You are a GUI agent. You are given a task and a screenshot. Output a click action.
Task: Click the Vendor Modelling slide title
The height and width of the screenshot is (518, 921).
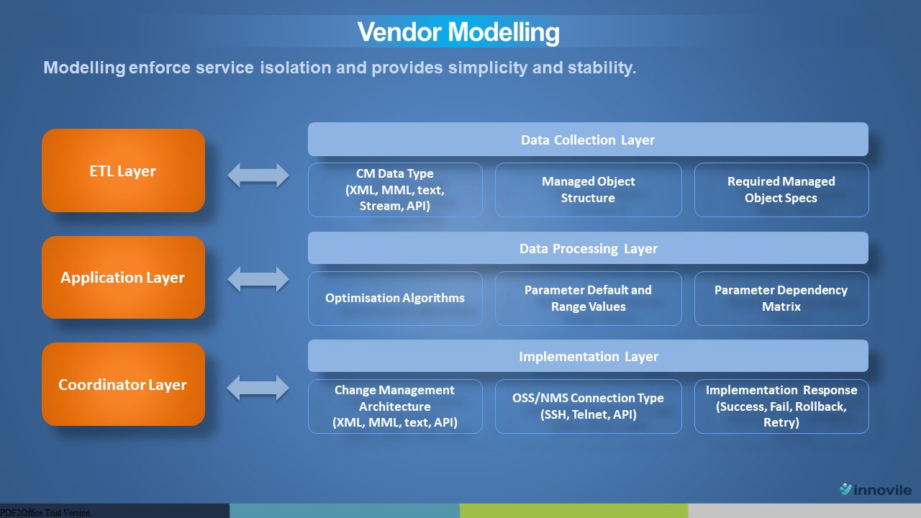pyautogui.click(x=458, y=32)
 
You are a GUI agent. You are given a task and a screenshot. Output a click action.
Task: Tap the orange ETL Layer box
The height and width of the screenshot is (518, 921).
pyautogui.click(x=123, y=171)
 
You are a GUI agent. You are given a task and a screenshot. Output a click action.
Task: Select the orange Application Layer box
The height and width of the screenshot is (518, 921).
pyautogui.click(x=123, y=277)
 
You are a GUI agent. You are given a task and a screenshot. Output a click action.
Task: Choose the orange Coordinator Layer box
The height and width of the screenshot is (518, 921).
pyautogui.click(x=123, y=384)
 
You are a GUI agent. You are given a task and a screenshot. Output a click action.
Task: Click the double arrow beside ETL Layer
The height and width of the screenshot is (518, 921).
pyautogui.click(x=258, y=175)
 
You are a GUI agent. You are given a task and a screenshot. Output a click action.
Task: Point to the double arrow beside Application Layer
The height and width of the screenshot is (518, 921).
pyautogui.click(x=258, y=280)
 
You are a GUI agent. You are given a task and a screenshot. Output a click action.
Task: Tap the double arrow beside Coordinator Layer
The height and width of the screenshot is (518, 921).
pyautogui.click(x=258, y=388)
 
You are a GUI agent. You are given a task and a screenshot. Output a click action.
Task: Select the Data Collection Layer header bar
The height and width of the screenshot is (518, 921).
pyautogui.click(x=588, y=140)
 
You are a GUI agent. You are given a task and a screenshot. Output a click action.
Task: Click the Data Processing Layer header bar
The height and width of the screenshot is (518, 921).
pyautogui.click(x=588, y=248)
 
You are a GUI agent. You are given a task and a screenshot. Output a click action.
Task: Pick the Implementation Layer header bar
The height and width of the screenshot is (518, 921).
pyautogui.click(x=588, y=356)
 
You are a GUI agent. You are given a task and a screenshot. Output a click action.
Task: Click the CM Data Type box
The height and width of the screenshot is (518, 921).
pyautogui.click(x=395, y=190)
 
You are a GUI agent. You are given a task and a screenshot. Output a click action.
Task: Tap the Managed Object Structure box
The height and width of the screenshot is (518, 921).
pyautogui.click(x=589, y=190)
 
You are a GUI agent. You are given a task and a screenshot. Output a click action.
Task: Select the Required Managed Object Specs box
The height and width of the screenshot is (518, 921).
pyautogui.click(x=781, y=190)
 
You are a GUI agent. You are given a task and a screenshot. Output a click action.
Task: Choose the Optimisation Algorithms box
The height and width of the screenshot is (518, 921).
pyautogui.click(x=395, y=299)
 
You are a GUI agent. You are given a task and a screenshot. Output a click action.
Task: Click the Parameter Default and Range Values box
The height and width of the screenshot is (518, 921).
pyautogui.click(x=589, y=299)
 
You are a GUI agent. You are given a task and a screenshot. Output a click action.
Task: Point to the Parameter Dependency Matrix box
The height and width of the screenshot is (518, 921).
pyautogui.click(x=781, y=299)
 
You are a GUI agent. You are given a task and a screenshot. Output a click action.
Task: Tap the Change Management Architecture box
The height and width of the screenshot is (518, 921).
pyautogui.click(x=395, y=406)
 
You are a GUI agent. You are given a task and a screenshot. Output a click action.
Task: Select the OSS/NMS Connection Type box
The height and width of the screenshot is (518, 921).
pyautogui.click(x=589, y=406)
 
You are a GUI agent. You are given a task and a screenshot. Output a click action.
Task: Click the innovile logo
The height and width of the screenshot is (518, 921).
pyautogui.click(x=876, y=489)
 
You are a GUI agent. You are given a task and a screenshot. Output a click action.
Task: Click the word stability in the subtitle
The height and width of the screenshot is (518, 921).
pyautogui.click(x=602, y=68)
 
